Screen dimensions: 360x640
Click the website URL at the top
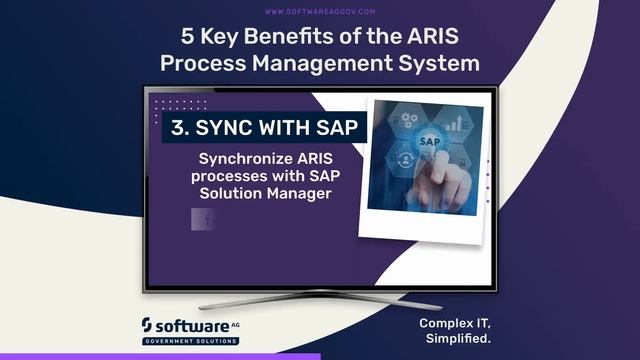pos(320,12)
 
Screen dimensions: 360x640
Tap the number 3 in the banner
pos(178,128)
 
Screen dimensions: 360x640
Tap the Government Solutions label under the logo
pos(190,341)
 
